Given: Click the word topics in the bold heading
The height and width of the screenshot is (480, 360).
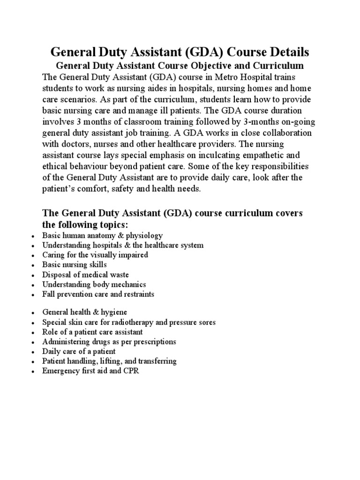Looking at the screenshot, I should pos(106,225).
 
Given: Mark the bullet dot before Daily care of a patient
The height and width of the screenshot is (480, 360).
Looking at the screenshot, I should pos(31,352).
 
